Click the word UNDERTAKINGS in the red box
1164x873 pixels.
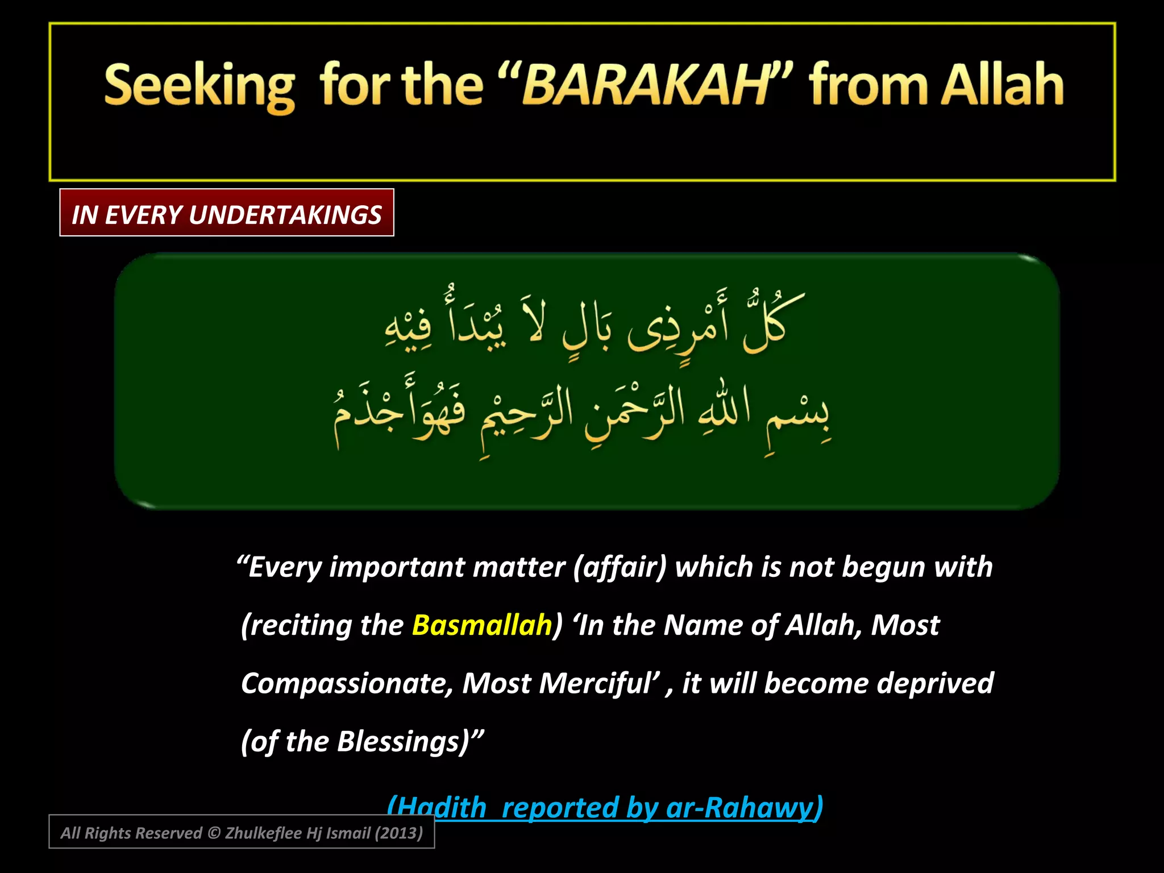[285, 215]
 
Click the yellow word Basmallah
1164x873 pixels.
[481, 625]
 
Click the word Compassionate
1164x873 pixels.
[347, 683]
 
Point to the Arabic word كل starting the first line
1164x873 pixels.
[767, 324]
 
